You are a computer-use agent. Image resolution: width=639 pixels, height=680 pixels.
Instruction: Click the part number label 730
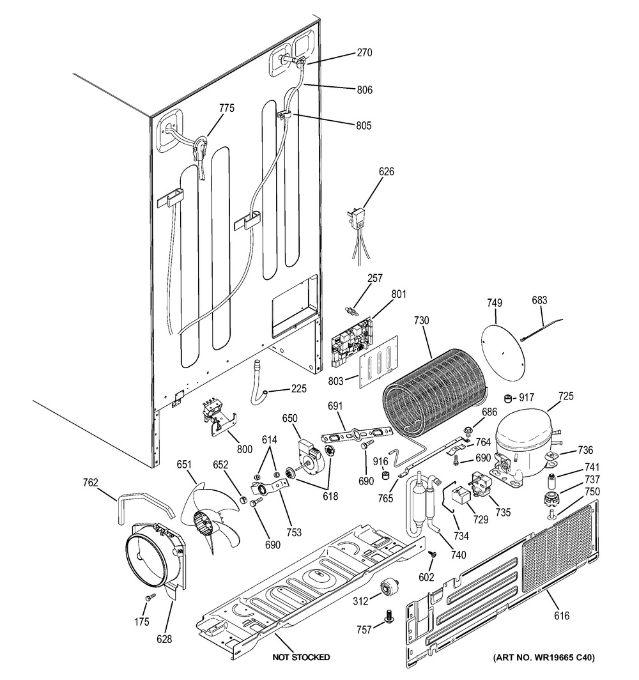coord(422,320)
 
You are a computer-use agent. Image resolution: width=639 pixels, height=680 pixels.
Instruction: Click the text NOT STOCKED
coord(301,657)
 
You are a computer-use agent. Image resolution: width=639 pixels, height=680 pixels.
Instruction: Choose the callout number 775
coord(226,109)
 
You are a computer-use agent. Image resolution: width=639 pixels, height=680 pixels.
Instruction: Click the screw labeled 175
coord(148,597)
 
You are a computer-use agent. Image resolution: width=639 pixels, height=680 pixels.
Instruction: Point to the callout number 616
coord(562,616)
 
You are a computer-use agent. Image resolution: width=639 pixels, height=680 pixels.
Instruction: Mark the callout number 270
coord(364,53)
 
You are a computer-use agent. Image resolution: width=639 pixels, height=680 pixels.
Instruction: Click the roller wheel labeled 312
coord(388,588)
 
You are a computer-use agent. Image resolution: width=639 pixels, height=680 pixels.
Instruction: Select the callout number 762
coord(90,483)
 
